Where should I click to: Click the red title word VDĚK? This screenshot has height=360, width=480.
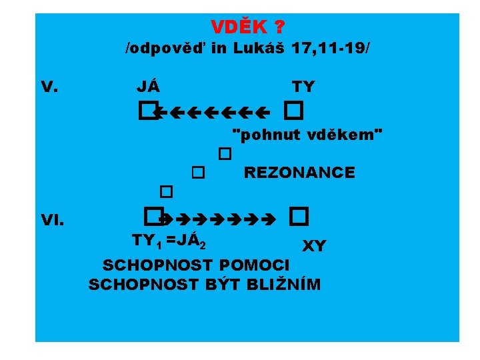(239, 27)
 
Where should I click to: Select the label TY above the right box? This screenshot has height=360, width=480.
(303, 87)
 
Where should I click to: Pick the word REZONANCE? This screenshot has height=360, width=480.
(299, 173)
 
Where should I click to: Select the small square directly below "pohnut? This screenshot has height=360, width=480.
(224, 154)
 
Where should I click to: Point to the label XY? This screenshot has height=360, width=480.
(314, 247)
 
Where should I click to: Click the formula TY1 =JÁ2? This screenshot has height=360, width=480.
(172, 241)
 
